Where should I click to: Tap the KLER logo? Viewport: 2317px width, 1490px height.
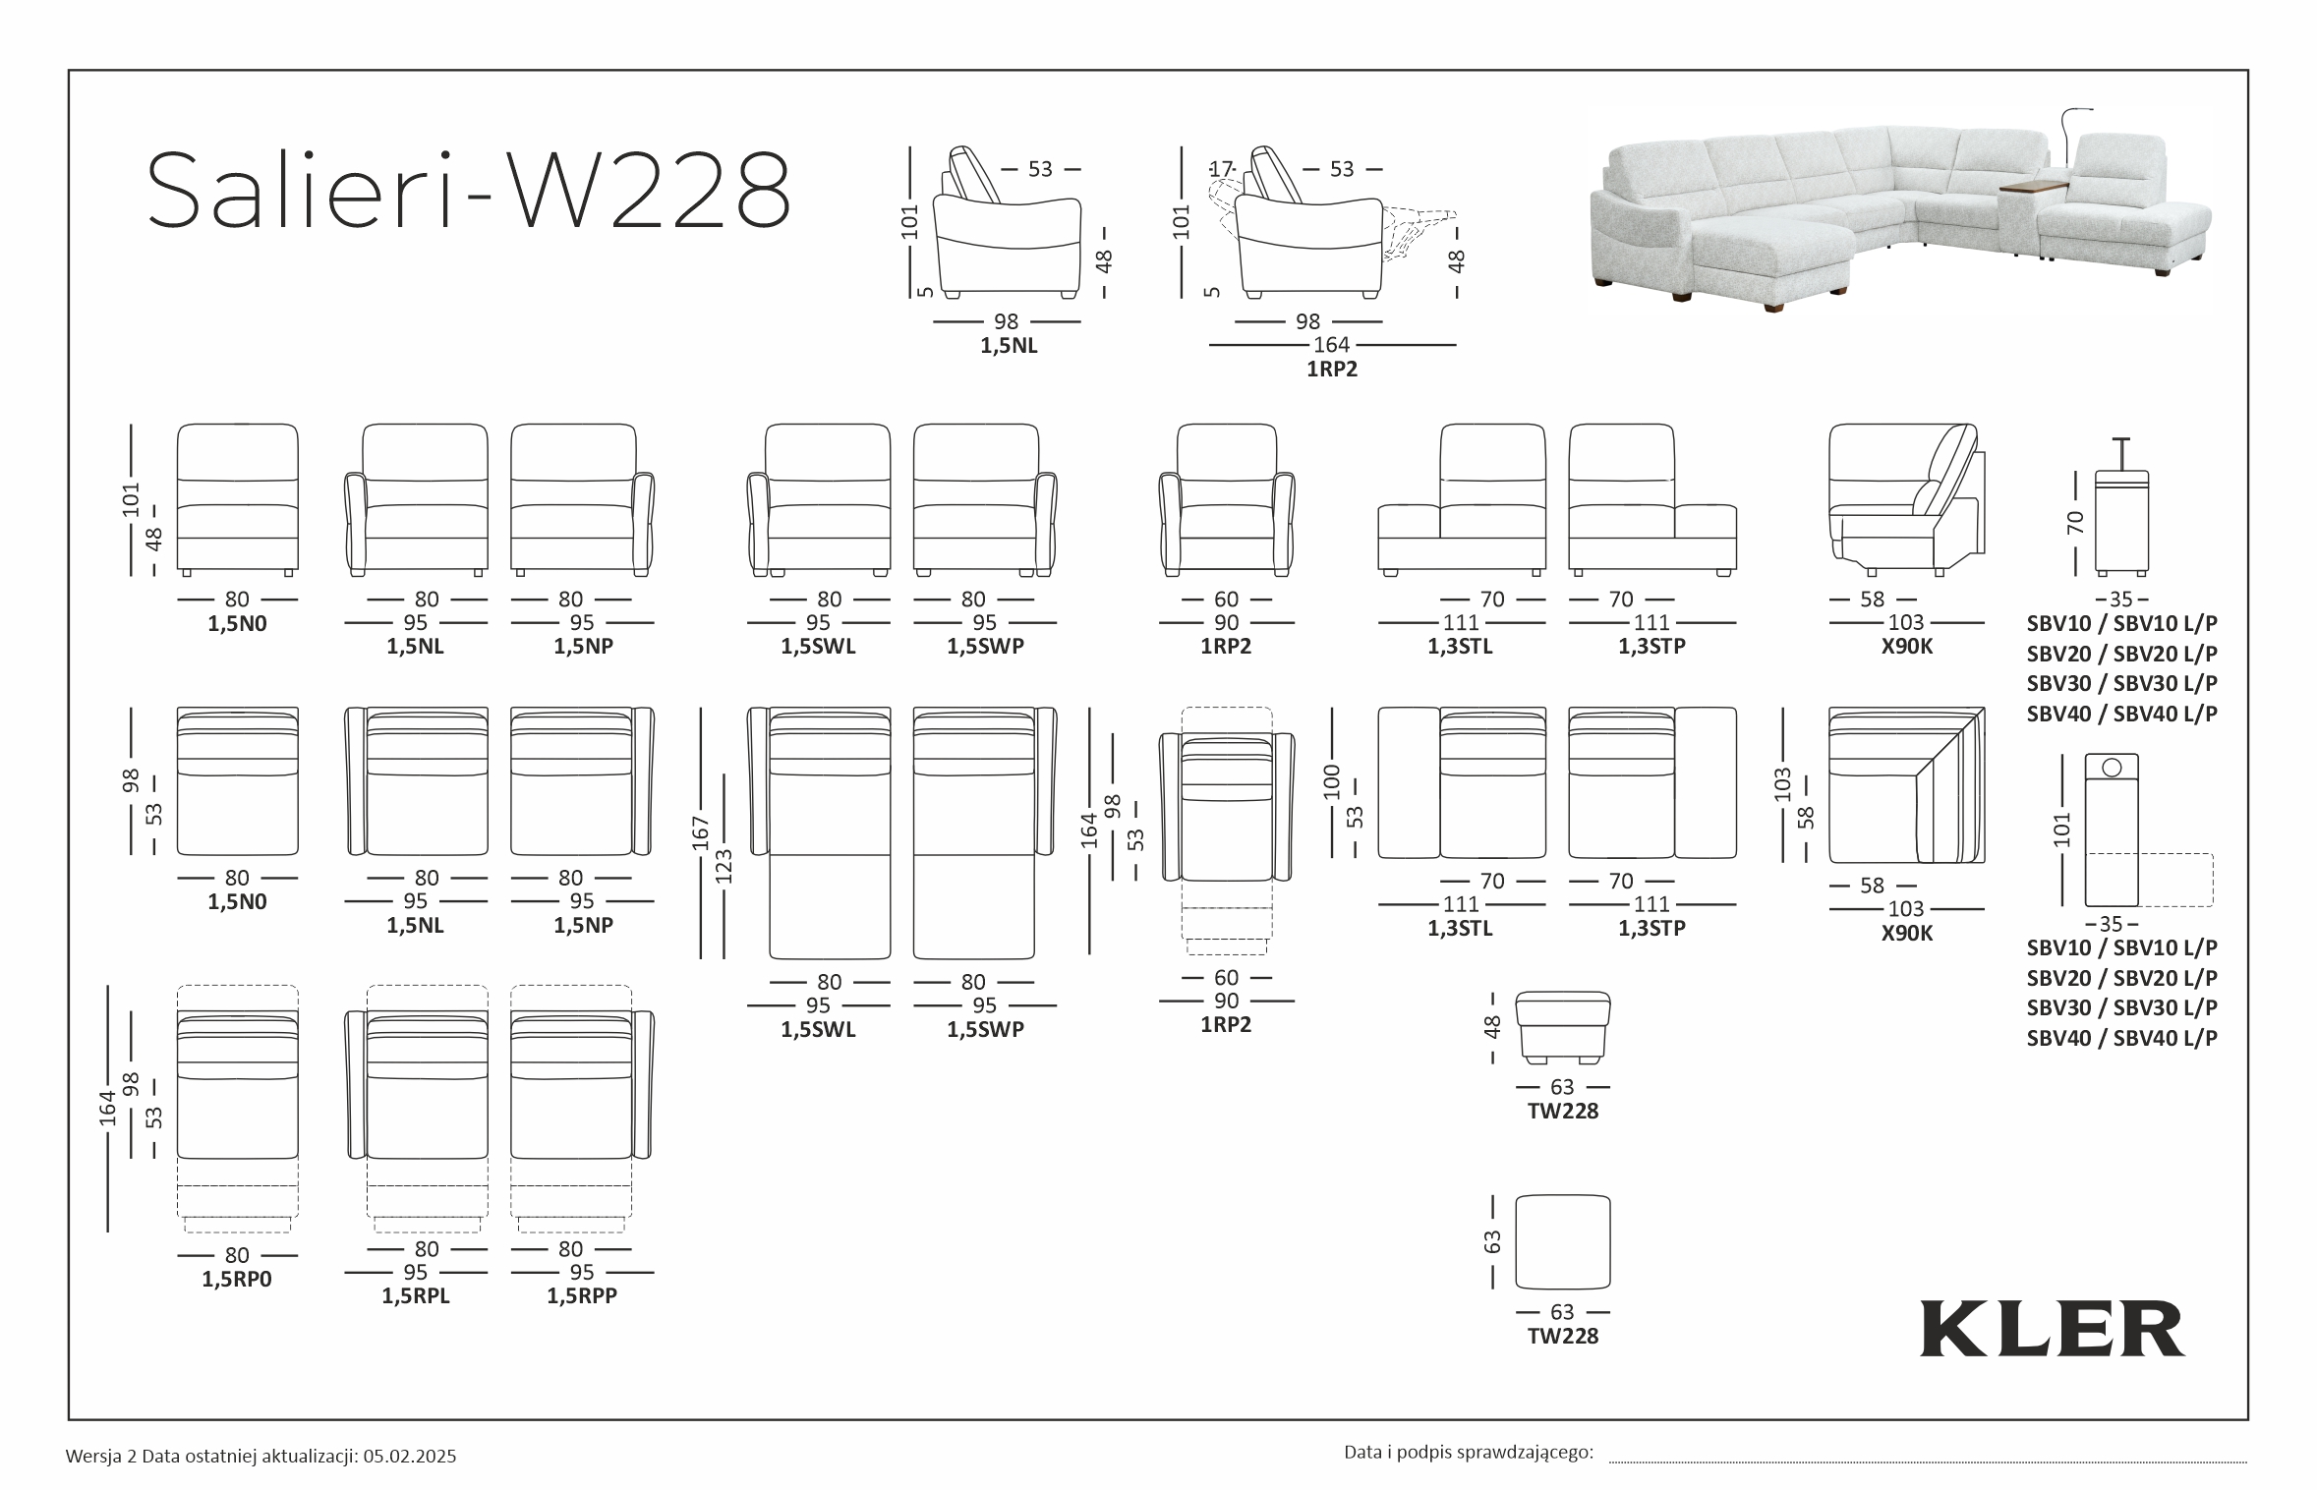click(2052, 1329)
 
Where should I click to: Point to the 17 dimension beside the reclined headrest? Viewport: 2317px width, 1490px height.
click(1221, 169)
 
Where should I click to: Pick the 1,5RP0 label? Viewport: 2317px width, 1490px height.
click(236, 1279)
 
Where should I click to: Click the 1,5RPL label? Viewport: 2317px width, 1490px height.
click(416, 1295)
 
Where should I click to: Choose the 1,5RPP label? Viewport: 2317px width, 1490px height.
click(582, 1295)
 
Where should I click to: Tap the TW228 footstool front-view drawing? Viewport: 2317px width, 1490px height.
click(1563, 1028)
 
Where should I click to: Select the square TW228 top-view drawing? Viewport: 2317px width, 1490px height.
click(1563, 1241)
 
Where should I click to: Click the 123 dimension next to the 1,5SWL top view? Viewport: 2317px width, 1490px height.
click(724, 865)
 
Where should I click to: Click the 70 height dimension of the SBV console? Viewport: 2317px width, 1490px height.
click(2075, 522)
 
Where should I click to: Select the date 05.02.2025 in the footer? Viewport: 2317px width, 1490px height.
click(409, 1457)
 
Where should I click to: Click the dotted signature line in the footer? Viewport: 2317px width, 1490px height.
click(1927, 1461)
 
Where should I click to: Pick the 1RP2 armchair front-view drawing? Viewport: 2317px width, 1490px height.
click(1227, 499)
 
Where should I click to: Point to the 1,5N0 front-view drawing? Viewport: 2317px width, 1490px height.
click(237, 498)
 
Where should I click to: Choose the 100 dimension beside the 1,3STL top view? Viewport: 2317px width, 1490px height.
click(1331, 780)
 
